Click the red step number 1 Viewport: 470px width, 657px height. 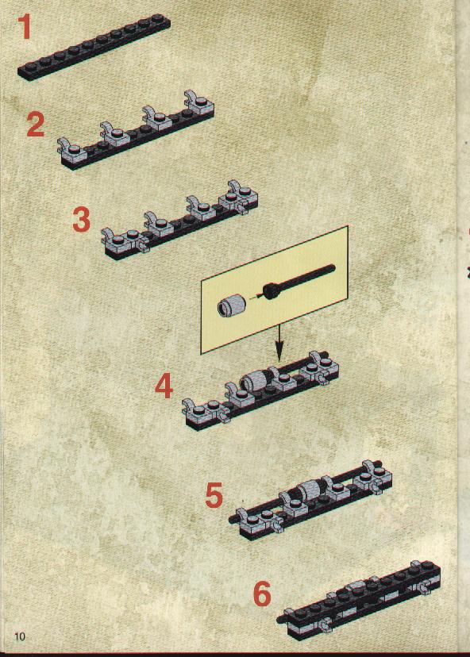pyautogui.click(x=25, y=27)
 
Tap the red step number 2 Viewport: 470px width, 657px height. pyautogui.click(x=35, y=125)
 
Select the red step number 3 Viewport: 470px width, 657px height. pyautogui.click(x=81, y=220)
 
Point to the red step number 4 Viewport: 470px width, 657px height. pyautogui.click(x=164, y=386)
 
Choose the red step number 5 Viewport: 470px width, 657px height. pyautogui.click(x=214, y=495)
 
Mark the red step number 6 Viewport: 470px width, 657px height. pyautogui.click(x=263, y=594)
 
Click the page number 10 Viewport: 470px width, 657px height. pyautogui.click(x=20, y=636)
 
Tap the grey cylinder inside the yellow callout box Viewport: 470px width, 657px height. pyautogui.click(x=230, y=304)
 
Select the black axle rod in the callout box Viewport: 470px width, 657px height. pyautogui.click(x=299, y=281)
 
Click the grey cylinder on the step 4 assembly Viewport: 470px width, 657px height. pyautogui.click(x=256, y=379)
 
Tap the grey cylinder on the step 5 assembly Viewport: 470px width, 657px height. pyautogui.click(x=310, y=488)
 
